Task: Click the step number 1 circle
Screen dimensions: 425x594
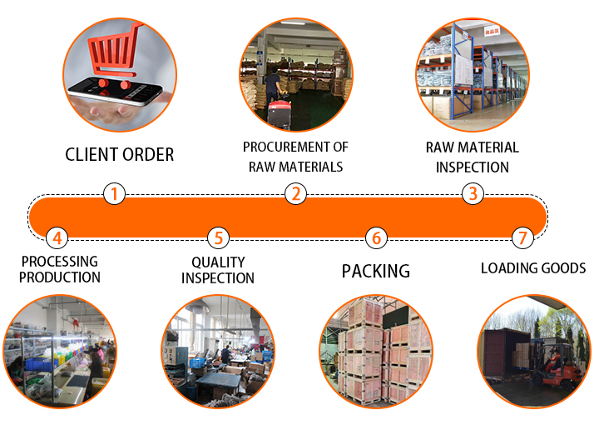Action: point(114,194)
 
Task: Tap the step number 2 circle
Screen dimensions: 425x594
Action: point(295,194)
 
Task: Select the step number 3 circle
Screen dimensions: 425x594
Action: point(473,194)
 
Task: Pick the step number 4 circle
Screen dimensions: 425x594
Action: point(56,238)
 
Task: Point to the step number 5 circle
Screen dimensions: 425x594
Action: point(217,238)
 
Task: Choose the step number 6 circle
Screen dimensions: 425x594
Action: point(376,238)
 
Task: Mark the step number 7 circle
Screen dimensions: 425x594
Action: point(522,238)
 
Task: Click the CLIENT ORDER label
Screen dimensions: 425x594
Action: point(120,155)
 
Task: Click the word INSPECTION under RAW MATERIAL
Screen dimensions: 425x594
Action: point(472,167)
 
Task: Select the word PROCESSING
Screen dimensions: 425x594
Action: point(59,262)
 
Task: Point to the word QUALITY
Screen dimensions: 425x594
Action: point(217,262)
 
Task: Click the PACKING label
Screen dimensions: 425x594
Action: point(376,271)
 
